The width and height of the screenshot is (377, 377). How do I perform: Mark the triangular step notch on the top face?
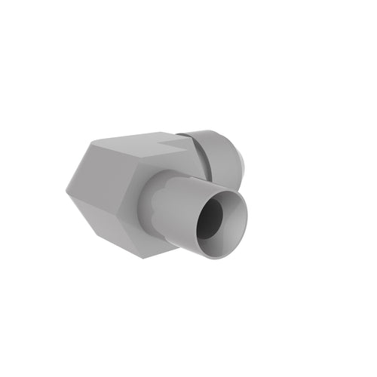coord(170,138)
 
